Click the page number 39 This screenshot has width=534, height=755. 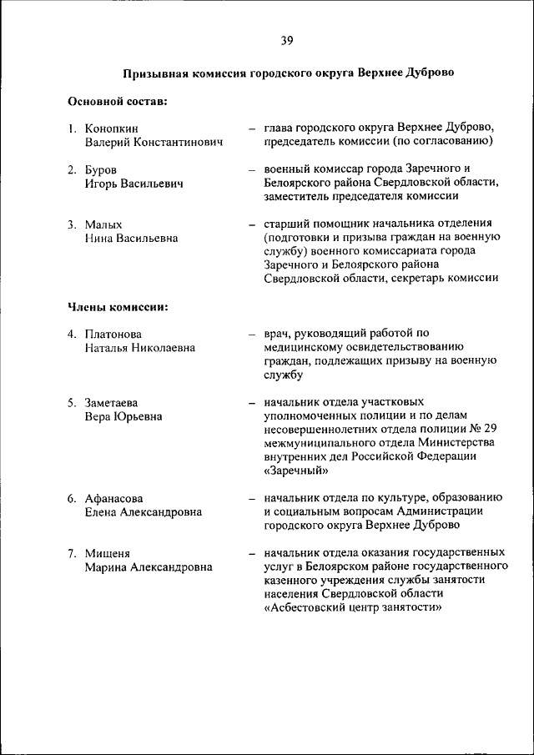click(286, 40)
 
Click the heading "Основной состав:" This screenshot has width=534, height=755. click(117, 102)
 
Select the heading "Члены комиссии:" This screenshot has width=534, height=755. click(118, 307)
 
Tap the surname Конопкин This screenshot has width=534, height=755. click(112, 128)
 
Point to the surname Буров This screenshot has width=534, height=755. click(100, 169)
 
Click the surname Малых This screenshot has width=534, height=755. click(103, 224)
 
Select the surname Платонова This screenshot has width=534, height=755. click(113, 334)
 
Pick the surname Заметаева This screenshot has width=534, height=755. click(112, 402)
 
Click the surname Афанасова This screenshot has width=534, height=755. click(114, 498)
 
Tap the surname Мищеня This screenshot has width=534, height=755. click(107, 553)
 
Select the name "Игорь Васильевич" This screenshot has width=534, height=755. click(133, 184)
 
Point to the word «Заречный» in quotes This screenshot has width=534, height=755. click(295, 471)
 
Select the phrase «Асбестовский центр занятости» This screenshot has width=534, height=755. click(352, 607)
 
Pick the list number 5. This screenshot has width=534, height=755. click(72, 402)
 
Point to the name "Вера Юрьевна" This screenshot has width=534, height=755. click(123, 416)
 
